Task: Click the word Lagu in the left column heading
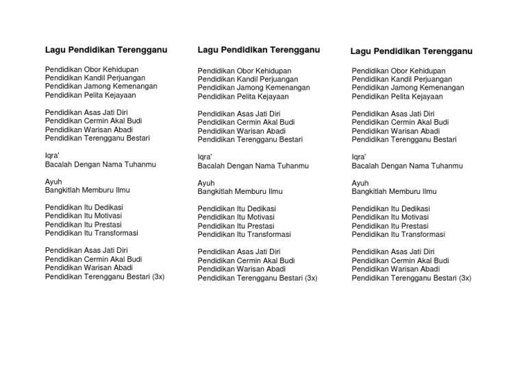click(x=55, y=50)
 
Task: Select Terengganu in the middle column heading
click(x=295, y=50)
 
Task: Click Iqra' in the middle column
click(x=205, y=157)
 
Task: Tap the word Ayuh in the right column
click(x=360, y=183)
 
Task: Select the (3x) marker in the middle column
click(x=311, y=278)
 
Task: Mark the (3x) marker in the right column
click(x=465, y=278)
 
